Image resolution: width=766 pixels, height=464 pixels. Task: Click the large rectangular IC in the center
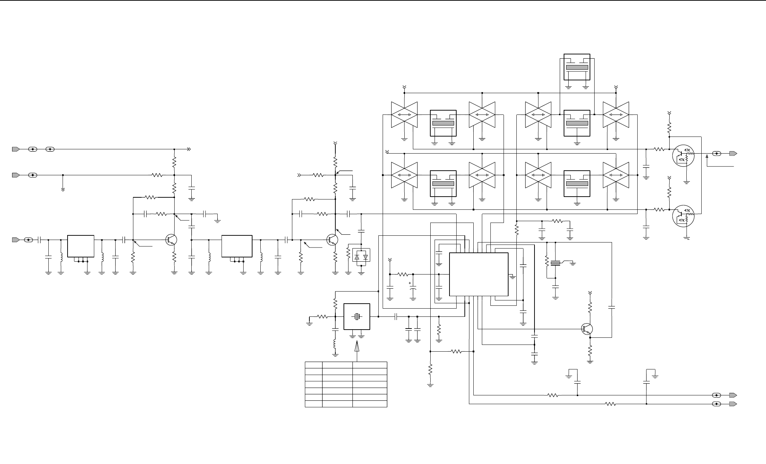pyautogui.click(x=479, y=274)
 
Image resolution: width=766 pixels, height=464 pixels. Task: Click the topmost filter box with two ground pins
pyautogui.click(x=577, y=67)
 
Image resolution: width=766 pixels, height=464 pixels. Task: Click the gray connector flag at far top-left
pyautogui.click(x=16, y=149)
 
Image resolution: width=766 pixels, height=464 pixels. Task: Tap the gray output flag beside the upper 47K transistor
pyautogui.click(x=733, y=154)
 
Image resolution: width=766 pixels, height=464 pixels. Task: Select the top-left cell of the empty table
pyautogui.click(x=314, y=365)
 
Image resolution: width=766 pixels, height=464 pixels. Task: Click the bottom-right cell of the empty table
pyautogui.click(x=369, y=404)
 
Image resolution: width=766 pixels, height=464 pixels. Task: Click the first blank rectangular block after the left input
pyautogui.click(x=81, y=246)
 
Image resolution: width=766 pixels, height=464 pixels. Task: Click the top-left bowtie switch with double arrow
pyautogui.click(x=404, y=115)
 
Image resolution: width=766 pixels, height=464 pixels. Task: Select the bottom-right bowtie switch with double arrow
pyautogui.click(x=616, y=175)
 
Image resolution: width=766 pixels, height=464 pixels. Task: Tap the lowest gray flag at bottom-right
pyautogui.click(x=733, y=404)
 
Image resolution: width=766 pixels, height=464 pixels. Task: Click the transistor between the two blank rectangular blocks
pyautogui.click(x=172, y=240)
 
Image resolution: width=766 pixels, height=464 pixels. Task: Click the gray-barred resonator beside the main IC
pyautogui.click(x=555, y=263)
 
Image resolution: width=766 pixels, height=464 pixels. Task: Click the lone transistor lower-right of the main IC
pyautogui.click(x=587, y=329)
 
